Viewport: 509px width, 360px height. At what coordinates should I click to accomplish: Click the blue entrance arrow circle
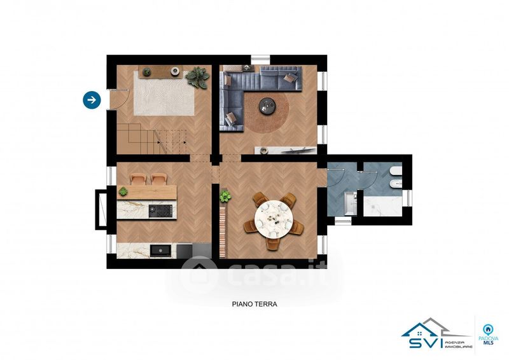pos(92,100)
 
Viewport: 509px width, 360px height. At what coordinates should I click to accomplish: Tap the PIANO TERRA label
pos(254,304)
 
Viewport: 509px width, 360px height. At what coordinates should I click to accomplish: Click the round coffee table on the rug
pos(267,105)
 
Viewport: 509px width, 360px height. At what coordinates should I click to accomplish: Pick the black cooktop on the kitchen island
pos(160,211)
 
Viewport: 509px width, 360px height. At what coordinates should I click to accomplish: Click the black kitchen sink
pos(160,251)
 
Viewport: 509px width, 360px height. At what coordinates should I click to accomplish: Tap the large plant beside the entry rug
pos(197,77)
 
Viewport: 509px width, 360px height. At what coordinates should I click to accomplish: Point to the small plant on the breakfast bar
pos(123,191)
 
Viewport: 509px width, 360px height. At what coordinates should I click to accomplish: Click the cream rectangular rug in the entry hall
pos(164,93)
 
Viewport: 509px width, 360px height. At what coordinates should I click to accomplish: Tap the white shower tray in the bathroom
pos(382,206)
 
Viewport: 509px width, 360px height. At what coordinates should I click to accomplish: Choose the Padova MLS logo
pos(487,335)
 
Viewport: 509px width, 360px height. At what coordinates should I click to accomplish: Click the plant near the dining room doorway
pos(225,196)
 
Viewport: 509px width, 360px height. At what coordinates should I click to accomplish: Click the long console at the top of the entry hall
pos(160,71)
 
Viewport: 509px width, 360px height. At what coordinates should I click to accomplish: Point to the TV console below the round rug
pos(286,150)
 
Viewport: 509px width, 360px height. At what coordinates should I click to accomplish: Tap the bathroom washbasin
pos(350,203)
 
